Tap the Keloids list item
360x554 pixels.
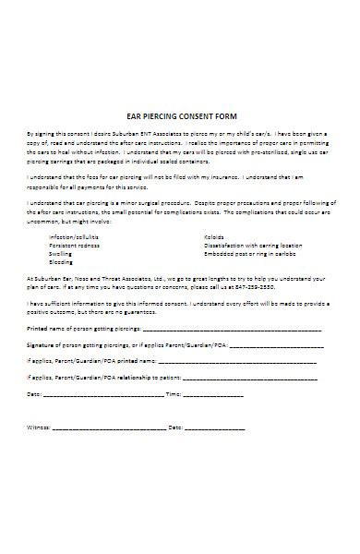pyautogui.click(x=214, y=236)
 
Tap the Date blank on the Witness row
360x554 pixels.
pyautogui.click(x=215, y=428)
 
